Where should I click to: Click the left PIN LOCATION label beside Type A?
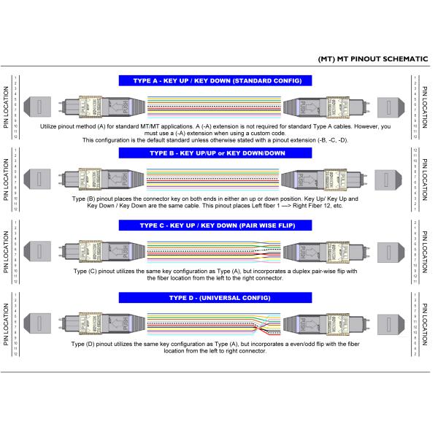[7, 107]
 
